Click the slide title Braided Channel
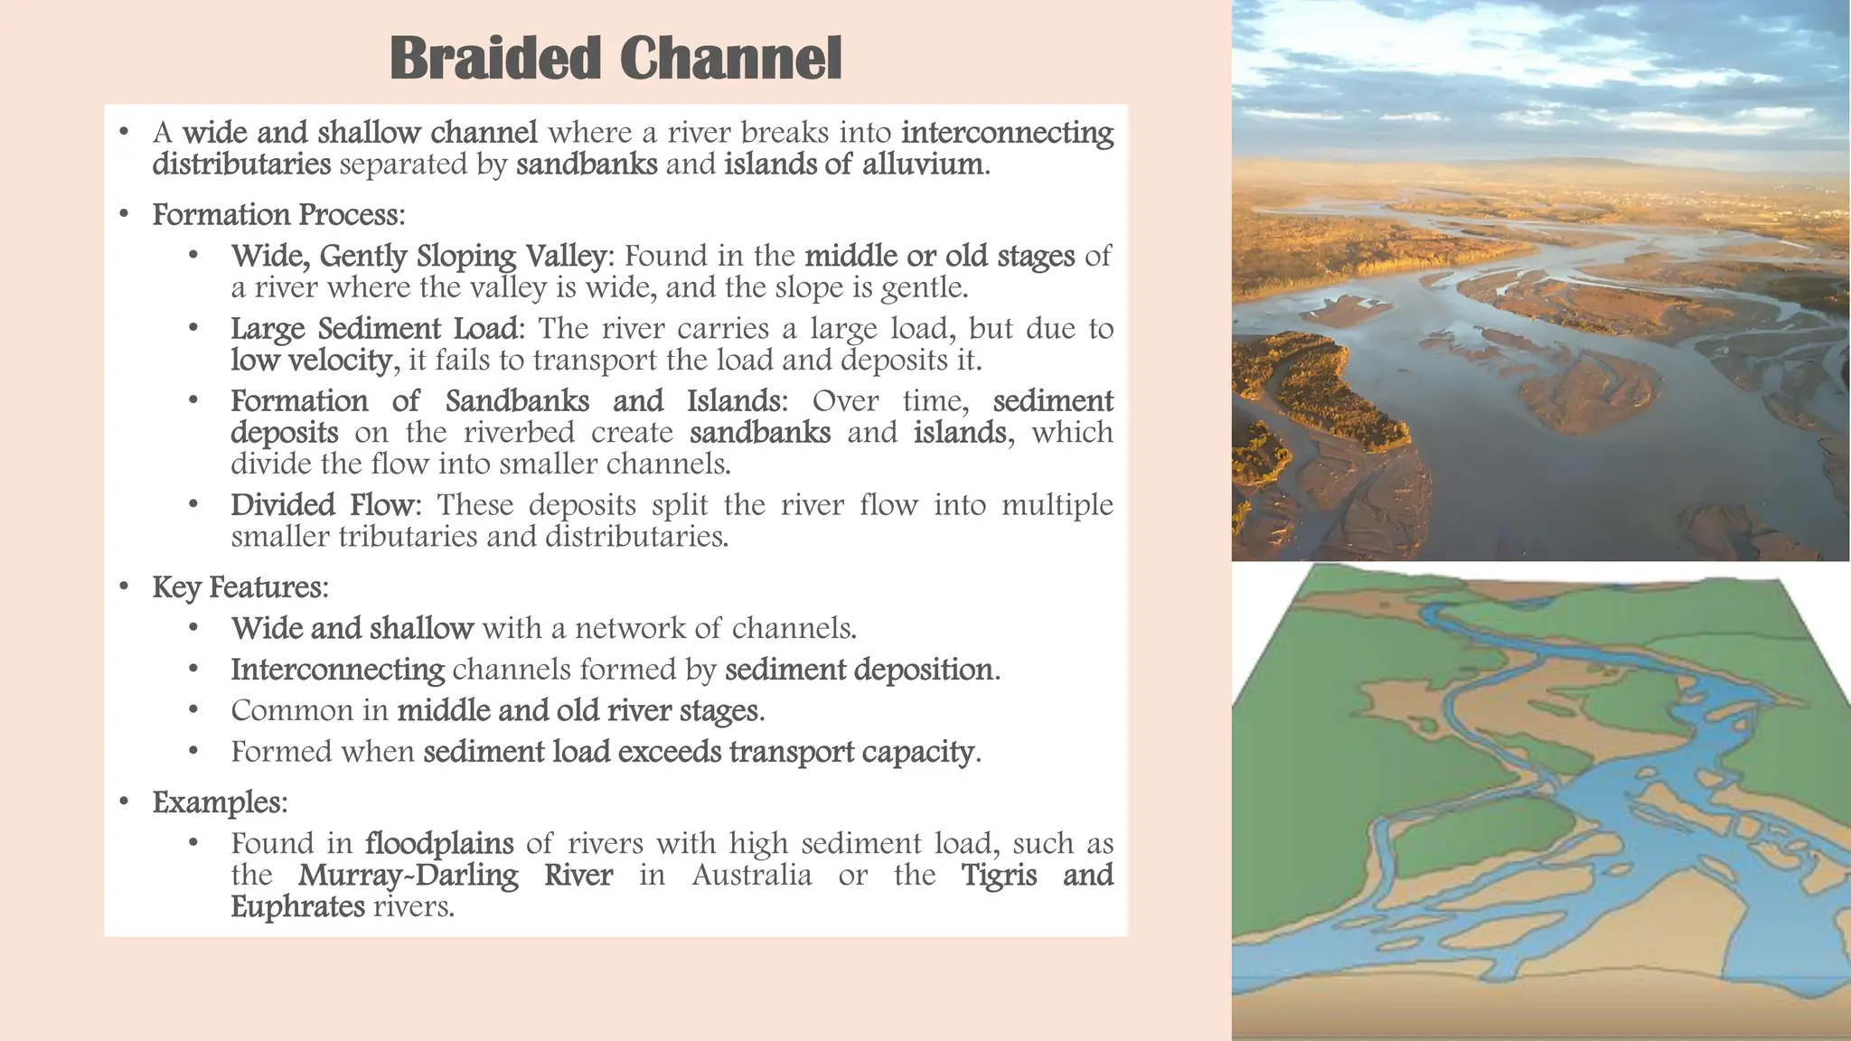coord(615,60)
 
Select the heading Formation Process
coord(276,215)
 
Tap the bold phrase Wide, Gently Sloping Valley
coord(418,257)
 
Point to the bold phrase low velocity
coord(311,361)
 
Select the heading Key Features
coord(238,587)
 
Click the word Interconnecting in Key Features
coord(337,670)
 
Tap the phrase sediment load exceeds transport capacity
coord(699,752)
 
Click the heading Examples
coord(218,802)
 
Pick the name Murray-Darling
coord(409,876)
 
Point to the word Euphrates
coord(297,907)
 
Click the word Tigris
coord(999,876)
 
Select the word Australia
coord(752,876)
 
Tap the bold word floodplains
coord(439,844)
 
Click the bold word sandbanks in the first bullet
coord(587,164)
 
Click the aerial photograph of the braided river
coord(1540,280)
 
